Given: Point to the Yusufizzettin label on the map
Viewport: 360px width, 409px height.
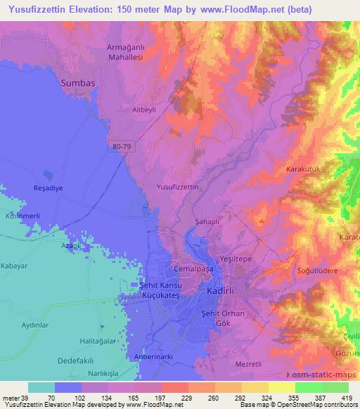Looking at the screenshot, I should (x=178, y=188).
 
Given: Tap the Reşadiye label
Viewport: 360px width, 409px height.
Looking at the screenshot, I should (x=30, y=190).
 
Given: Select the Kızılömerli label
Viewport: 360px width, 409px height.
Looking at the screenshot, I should (x=21, y=217).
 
